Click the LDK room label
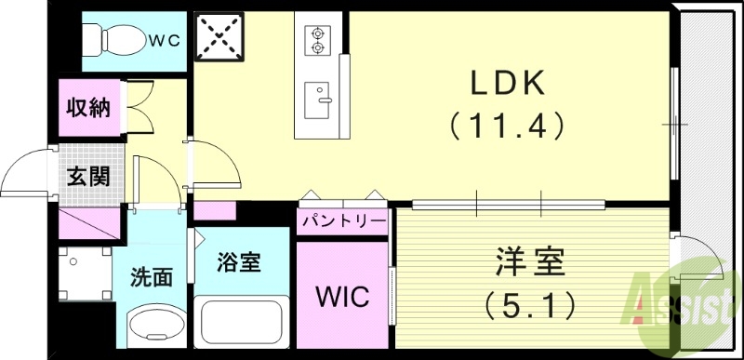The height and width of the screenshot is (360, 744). [x=507, y=86]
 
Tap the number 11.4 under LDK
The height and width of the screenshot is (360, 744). [x=507, y=124]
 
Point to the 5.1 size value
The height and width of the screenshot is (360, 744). [x=530, y=302]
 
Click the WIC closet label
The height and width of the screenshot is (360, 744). [x=341, y=298]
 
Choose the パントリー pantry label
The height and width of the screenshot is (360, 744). [x=341, y=221]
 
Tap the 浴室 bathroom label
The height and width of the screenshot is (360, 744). [x=238, y=263]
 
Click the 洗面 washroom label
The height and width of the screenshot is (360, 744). [x=151, y=276]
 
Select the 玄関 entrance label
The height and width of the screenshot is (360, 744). [x=87, y=175]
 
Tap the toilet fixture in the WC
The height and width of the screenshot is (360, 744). [x=116, y=38]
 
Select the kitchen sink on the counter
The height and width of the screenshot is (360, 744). [x=319, y=96]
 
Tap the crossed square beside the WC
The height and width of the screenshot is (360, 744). [x=219, y=38]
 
